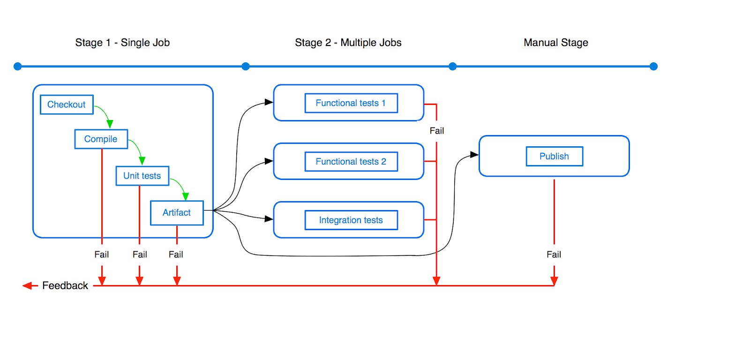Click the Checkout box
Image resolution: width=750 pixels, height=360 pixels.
point(67,105)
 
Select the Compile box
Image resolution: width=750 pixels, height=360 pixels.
point(101,139)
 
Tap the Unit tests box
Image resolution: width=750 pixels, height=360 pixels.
point(142,176)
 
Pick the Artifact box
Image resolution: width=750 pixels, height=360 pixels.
point(177,213)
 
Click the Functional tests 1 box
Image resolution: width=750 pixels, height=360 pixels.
point(351,103)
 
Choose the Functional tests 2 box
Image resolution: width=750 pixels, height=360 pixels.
point(351,161)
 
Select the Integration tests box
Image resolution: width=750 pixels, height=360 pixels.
point(351,220)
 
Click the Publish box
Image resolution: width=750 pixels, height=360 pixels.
point(555,156)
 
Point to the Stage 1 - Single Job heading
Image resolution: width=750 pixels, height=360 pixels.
point(122,43)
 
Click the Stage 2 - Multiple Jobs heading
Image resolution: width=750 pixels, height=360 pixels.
point(348,43)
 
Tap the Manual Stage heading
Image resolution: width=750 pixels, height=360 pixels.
point(556,43)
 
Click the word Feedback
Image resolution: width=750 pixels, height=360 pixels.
point(65,285)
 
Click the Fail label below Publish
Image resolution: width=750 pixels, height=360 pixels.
point(554,255)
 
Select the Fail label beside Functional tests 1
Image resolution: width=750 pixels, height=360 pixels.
point(436,131)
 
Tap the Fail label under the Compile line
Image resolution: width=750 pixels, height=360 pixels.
point(101,255)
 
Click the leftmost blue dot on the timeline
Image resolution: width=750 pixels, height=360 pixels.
point(18,66)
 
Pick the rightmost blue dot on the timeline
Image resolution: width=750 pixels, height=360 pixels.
point(653,66)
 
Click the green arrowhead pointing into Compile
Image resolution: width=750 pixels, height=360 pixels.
point(110,124)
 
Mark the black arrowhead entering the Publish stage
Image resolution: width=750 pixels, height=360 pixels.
point(474,155)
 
